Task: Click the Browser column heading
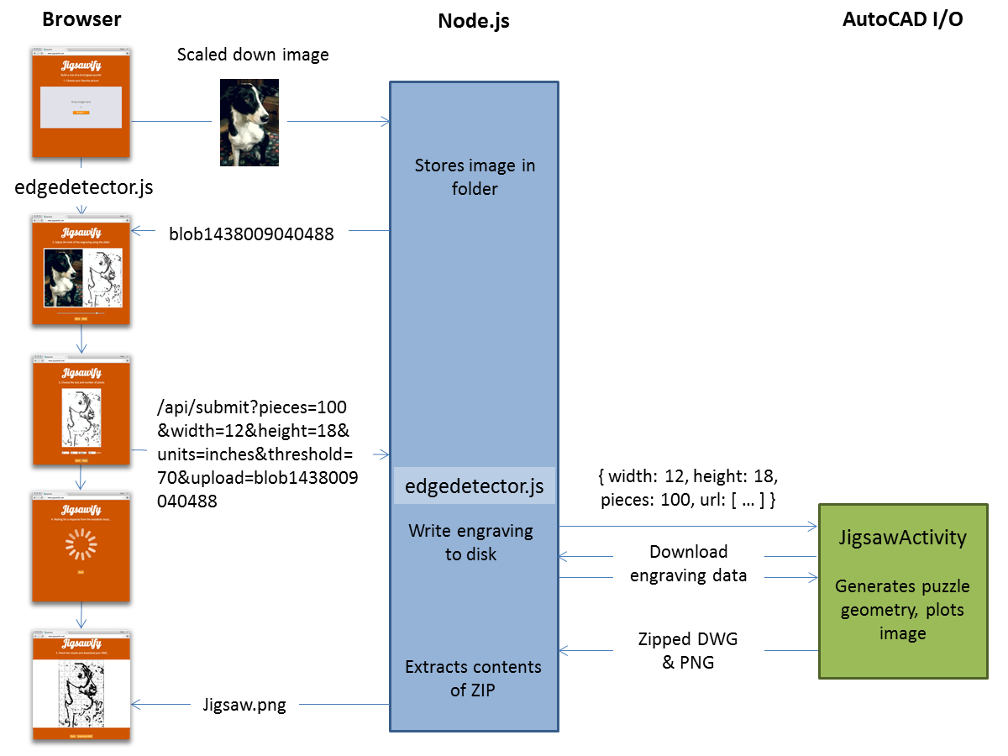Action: click(x=81, y=19)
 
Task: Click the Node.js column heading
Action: click(x=474, y=21)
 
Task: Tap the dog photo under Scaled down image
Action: click(x=249, y=122)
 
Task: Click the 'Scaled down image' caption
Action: click(x=253, y=55)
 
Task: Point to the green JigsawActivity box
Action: click(x=903, y=591)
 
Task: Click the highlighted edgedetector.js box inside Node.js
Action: click(x=475, y=486)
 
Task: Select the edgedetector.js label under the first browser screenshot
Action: click(x=83, y=187)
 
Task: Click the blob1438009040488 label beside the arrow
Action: click(x=251, y=234)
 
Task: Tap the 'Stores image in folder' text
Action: click(x=475, y=177)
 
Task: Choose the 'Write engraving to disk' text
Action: click(x=470, y=543)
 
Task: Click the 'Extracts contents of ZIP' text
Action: click(x=473, y=679)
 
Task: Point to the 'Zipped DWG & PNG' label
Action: click(x=688, y=651)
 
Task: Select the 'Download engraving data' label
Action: click(x=688, y=564)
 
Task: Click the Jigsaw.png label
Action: click(x=244, y=706)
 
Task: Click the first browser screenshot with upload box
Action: click(x=81, y=102)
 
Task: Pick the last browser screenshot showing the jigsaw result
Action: click(x=81, y=685)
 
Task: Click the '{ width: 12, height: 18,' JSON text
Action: click(x=688, y=477)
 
